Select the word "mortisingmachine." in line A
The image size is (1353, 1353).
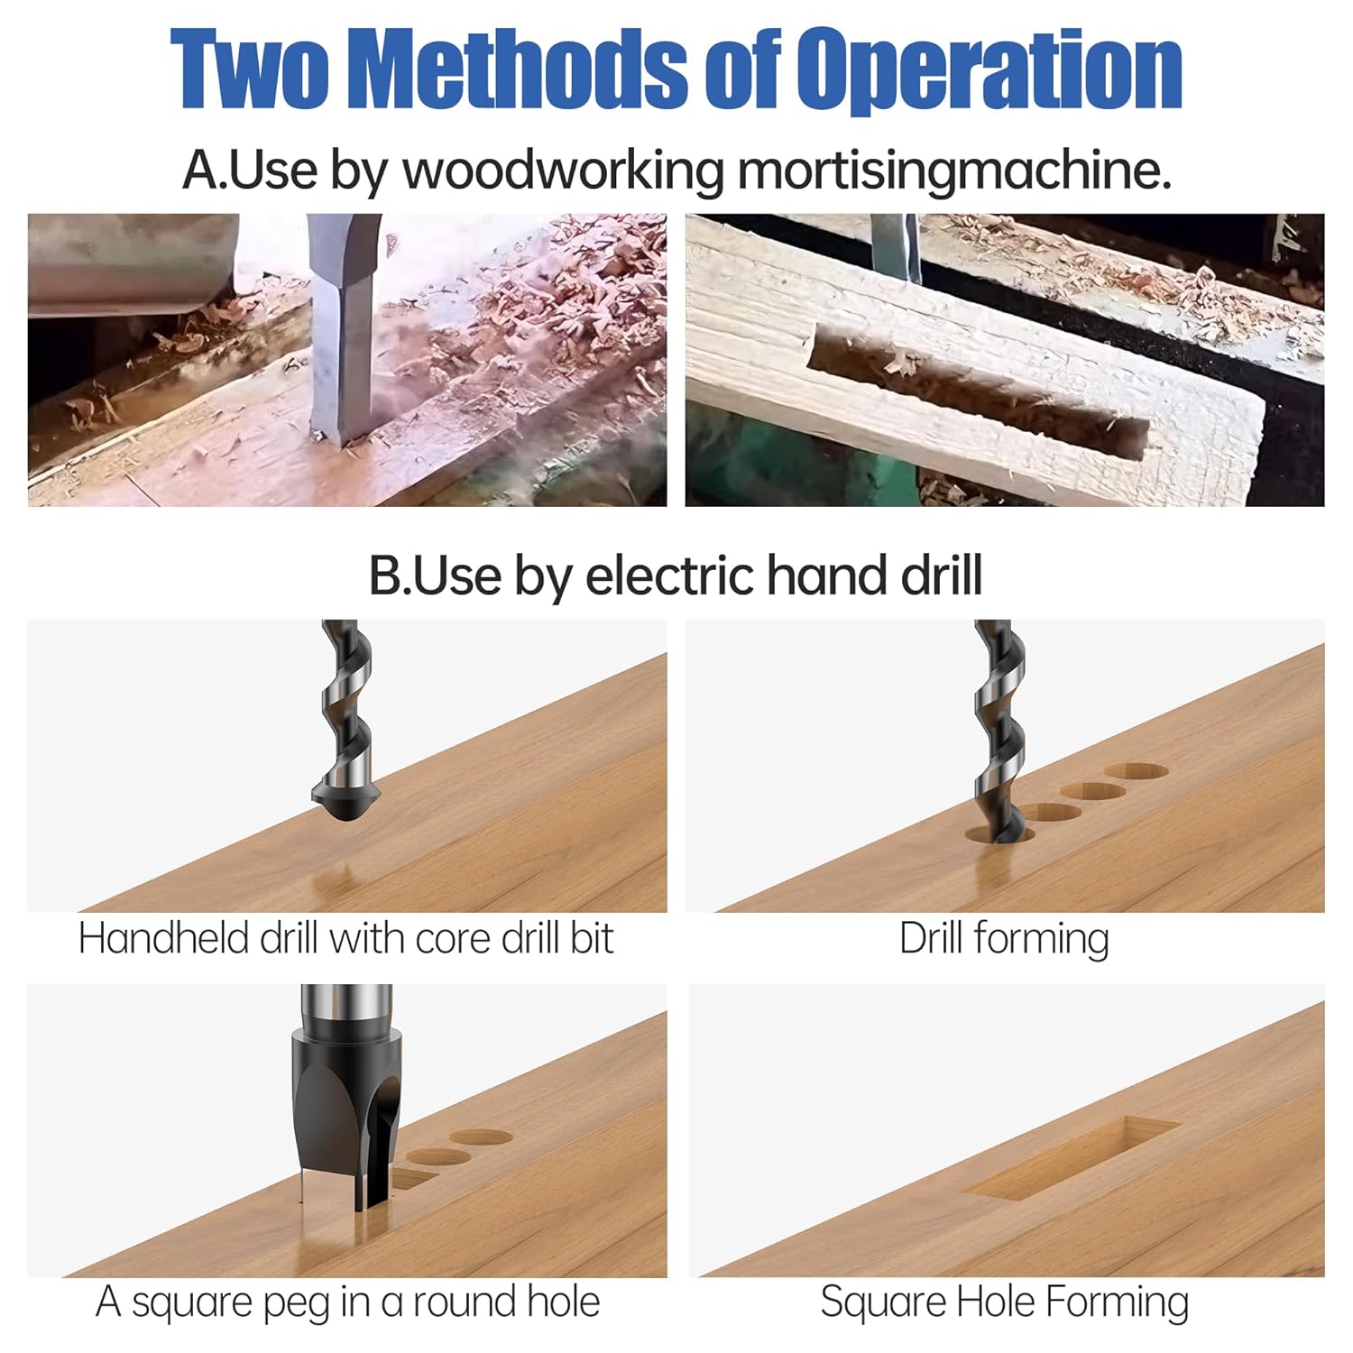(954, 170)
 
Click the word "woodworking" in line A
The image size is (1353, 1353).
(564, 170)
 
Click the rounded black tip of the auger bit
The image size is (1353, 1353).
(346, 797)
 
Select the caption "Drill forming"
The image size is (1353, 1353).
(1004, 939)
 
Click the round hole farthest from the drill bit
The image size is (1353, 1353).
(1136, 772)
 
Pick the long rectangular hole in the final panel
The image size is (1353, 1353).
(1072, 1159)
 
